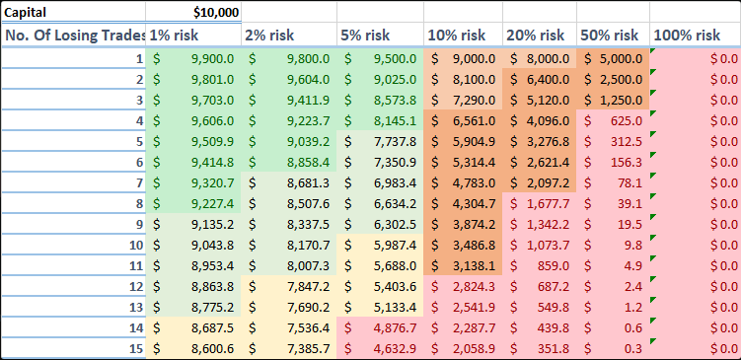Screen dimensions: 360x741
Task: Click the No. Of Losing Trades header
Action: pos(74,35)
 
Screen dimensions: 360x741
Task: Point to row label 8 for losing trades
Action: pos(137,203)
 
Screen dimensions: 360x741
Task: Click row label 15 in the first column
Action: pos(134,348)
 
